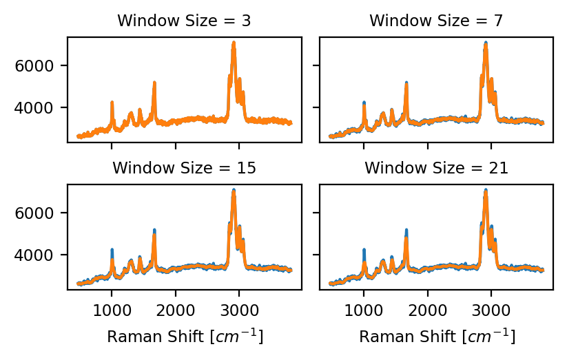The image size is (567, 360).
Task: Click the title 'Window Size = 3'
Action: [184, 21]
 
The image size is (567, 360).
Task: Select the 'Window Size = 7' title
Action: [436, 21]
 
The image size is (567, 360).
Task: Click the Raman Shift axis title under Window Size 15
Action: [184, 337]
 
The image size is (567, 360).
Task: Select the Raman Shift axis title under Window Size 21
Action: [436, 337]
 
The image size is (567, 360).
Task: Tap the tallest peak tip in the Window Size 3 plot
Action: [234, 43]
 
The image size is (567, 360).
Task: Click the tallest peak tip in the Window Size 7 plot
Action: [486, 43]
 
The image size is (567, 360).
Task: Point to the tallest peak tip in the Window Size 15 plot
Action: [234, 191]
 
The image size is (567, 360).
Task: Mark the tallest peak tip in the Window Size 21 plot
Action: [486, 191]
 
